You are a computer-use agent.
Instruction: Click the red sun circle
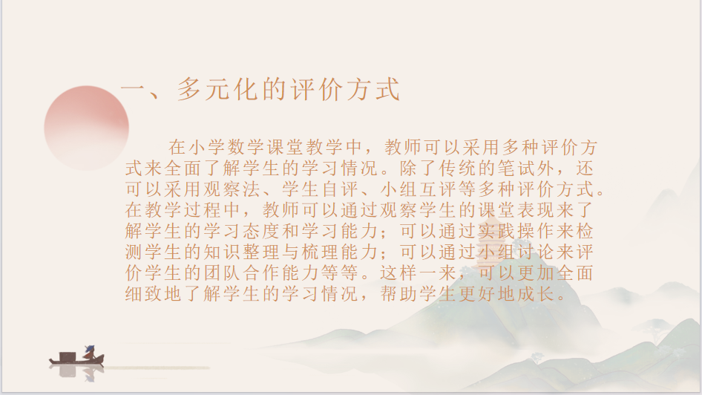86,128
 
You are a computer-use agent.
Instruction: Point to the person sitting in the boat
90,353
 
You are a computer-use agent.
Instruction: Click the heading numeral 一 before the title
134,88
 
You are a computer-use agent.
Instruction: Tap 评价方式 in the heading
345,88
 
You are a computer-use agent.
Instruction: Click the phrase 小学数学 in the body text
227,147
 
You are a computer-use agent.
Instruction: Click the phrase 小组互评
419,189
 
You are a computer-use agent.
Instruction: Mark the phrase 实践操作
516,231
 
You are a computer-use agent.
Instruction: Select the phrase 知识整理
243,252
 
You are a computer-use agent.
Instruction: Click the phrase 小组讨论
516,252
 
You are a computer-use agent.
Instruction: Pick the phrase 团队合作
243,273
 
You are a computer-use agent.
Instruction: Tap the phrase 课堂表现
516,210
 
